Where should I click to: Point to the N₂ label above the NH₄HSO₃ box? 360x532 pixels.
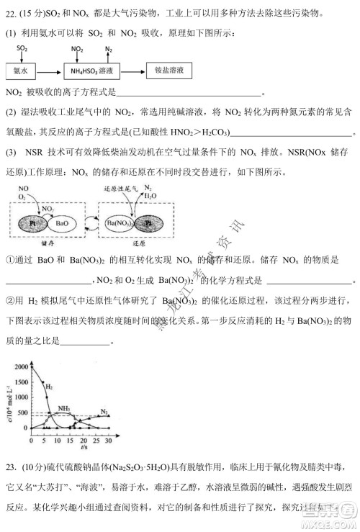click(108, 49)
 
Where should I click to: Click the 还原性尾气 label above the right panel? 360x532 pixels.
click(119, 189)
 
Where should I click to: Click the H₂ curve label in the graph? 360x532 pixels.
click(49, 387)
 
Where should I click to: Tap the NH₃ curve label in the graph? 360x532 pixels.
click(64, 408)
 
